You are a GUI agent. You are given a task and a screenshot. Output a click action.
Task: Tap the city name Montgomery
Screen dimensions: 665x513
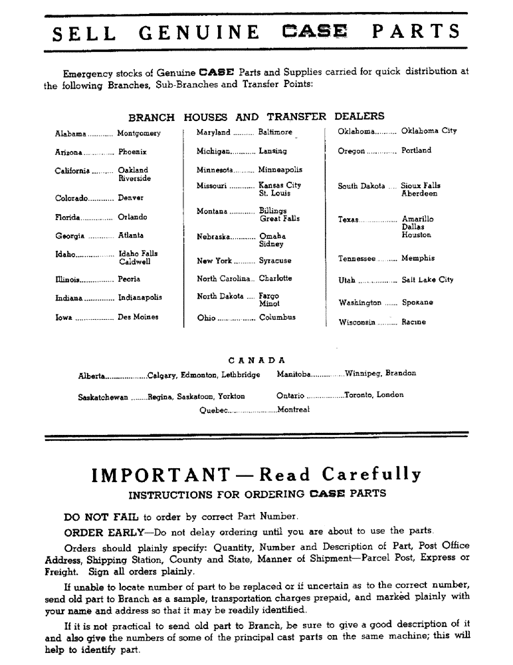pos(139,133)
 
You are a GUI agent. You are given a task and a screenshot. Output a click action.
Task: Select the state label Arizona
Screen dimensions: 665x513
pos(68,152)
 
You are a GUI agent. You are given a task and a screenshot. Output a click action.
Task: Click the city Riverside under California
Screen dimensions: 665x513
pos(134,179)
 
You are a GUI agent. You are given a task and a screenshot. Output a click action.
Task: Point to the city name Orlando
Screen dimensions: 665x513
pos(132,217)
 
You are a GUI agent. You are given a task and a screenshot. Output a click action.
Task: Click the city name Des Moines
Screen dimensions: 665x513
pos(138,317)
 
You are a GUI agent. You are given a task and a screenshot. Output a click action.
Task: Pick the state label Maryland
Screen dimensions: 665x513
pos(213,133)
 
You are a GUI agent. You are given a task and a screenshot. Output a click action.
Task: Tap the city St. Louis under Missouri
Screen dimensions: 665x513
pos(274,194)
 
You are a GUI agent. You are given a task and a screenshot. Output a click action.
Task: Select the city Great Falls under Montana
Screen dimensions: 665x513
pos(279,218)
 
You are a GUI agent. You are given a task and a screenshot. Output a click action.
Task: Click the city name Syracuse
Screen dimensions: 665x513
pos(275,261)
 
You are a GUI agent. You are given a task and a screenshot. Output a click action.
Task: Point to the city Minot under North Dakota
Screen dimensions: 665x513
pos(269,303)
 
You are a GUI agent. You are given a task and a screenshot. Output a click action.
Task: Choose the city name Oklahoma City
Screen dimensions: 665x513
pos(429,131)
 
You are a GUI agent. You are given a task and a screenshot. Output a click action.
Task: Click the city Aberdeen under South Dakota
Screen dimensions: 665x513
pos(419,194)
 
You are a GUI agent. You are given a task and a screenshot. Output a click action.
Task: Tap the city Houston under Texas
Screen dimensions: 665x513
pos(416,235)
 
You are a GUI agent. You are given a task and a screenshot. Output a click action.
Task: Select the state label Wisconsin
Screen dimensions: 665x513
pos(357,323)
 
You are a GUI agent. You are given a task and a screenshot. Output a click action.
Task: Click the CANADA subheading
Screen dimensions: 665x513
pos(256,360)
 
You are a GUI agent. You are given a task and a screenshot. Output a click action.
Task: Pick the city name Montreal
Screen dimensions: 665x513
pos(294,410)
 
